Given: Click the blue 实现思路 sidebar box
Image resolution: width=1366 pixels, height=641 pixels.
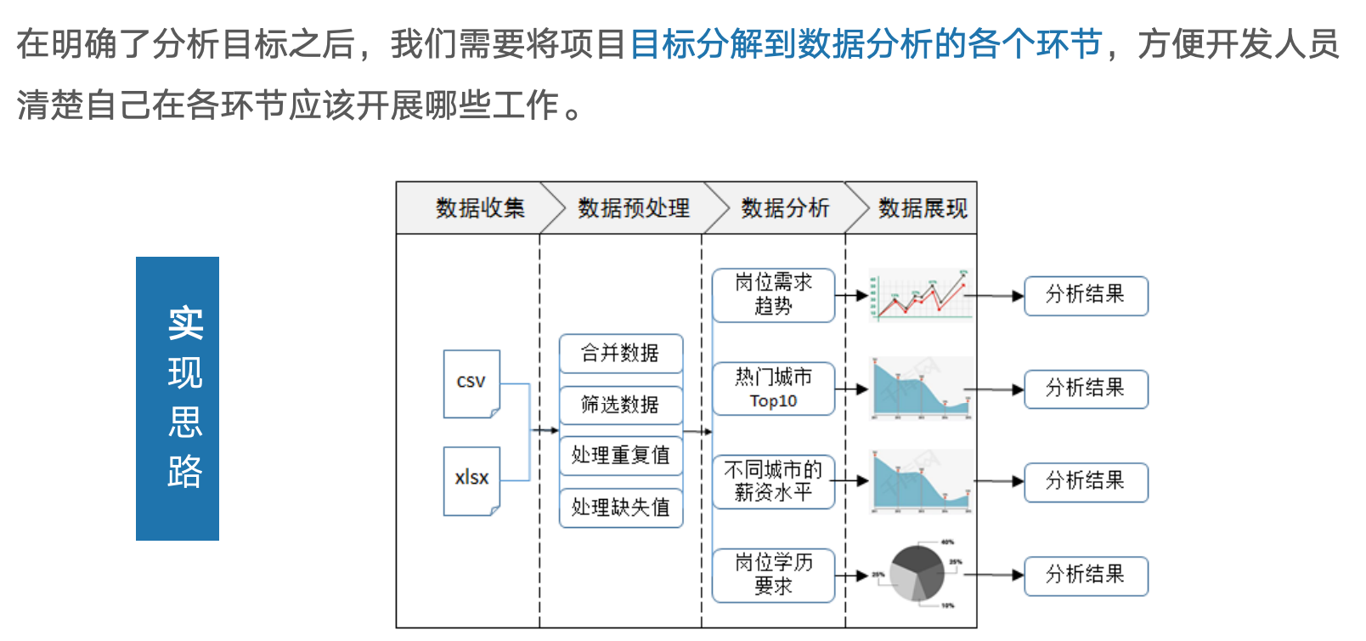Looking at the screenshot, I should point(178,398).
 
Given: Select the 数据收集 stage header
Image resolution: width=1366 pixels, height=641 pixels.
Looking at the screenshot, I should point(479,208).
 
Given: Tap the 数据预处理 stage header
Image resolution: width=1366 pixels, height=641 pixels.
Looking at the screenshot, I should point(633,208).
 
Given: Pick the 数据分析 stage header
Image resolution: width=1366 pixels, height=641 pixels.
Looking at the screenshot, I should point(784,208).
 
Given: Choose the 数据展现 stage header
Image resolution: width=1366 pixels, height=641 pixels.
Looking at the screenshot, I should point(922,208).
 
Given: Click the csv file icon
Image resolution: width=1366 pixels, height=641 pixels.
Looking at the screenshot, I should point(471,383).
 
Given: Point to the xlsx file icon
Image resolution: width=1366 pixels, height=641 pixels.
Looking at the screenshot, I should point(471,480).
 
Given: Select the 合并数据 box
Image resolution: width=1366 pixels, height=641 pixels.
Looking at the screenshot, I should point(620,353).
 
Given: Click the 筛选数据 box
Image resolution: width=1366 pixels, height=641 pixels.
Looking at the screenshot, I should point(620,405).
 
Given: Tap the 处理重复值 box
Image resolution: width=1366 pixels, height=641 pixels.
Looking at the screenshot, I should point(620,456).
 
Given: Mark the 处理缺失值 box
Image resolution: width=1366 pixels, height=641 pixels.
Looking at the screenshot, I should point(620,508).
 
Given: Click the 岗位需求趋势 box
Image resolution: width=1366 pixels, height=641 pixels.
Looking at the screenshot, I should point(773,295).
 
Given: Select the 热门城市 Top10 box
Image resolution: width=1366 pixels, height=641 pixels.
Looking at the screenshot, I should point(773,389).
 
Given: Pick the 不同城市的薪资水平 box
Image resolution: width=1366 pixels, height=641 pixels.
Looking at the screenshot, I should point(773,482).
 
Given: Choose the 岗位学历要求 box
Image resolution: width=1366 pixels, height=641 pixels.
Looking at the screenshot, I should point(773,575).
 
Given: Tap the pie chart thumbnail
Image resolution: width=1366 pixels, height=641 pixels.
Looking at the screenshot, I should point(917,574).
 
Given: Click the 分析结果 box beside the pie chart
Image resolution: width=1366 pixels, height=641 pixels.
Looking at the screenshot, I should point(1086,576).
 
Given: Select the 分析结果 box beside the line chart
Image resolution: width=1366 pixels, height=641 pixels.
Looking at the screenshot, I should point(1086,295).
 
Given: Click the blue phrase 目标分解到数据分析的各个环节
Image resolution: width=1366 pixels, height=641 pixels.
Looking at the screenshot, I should point(865,44).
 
